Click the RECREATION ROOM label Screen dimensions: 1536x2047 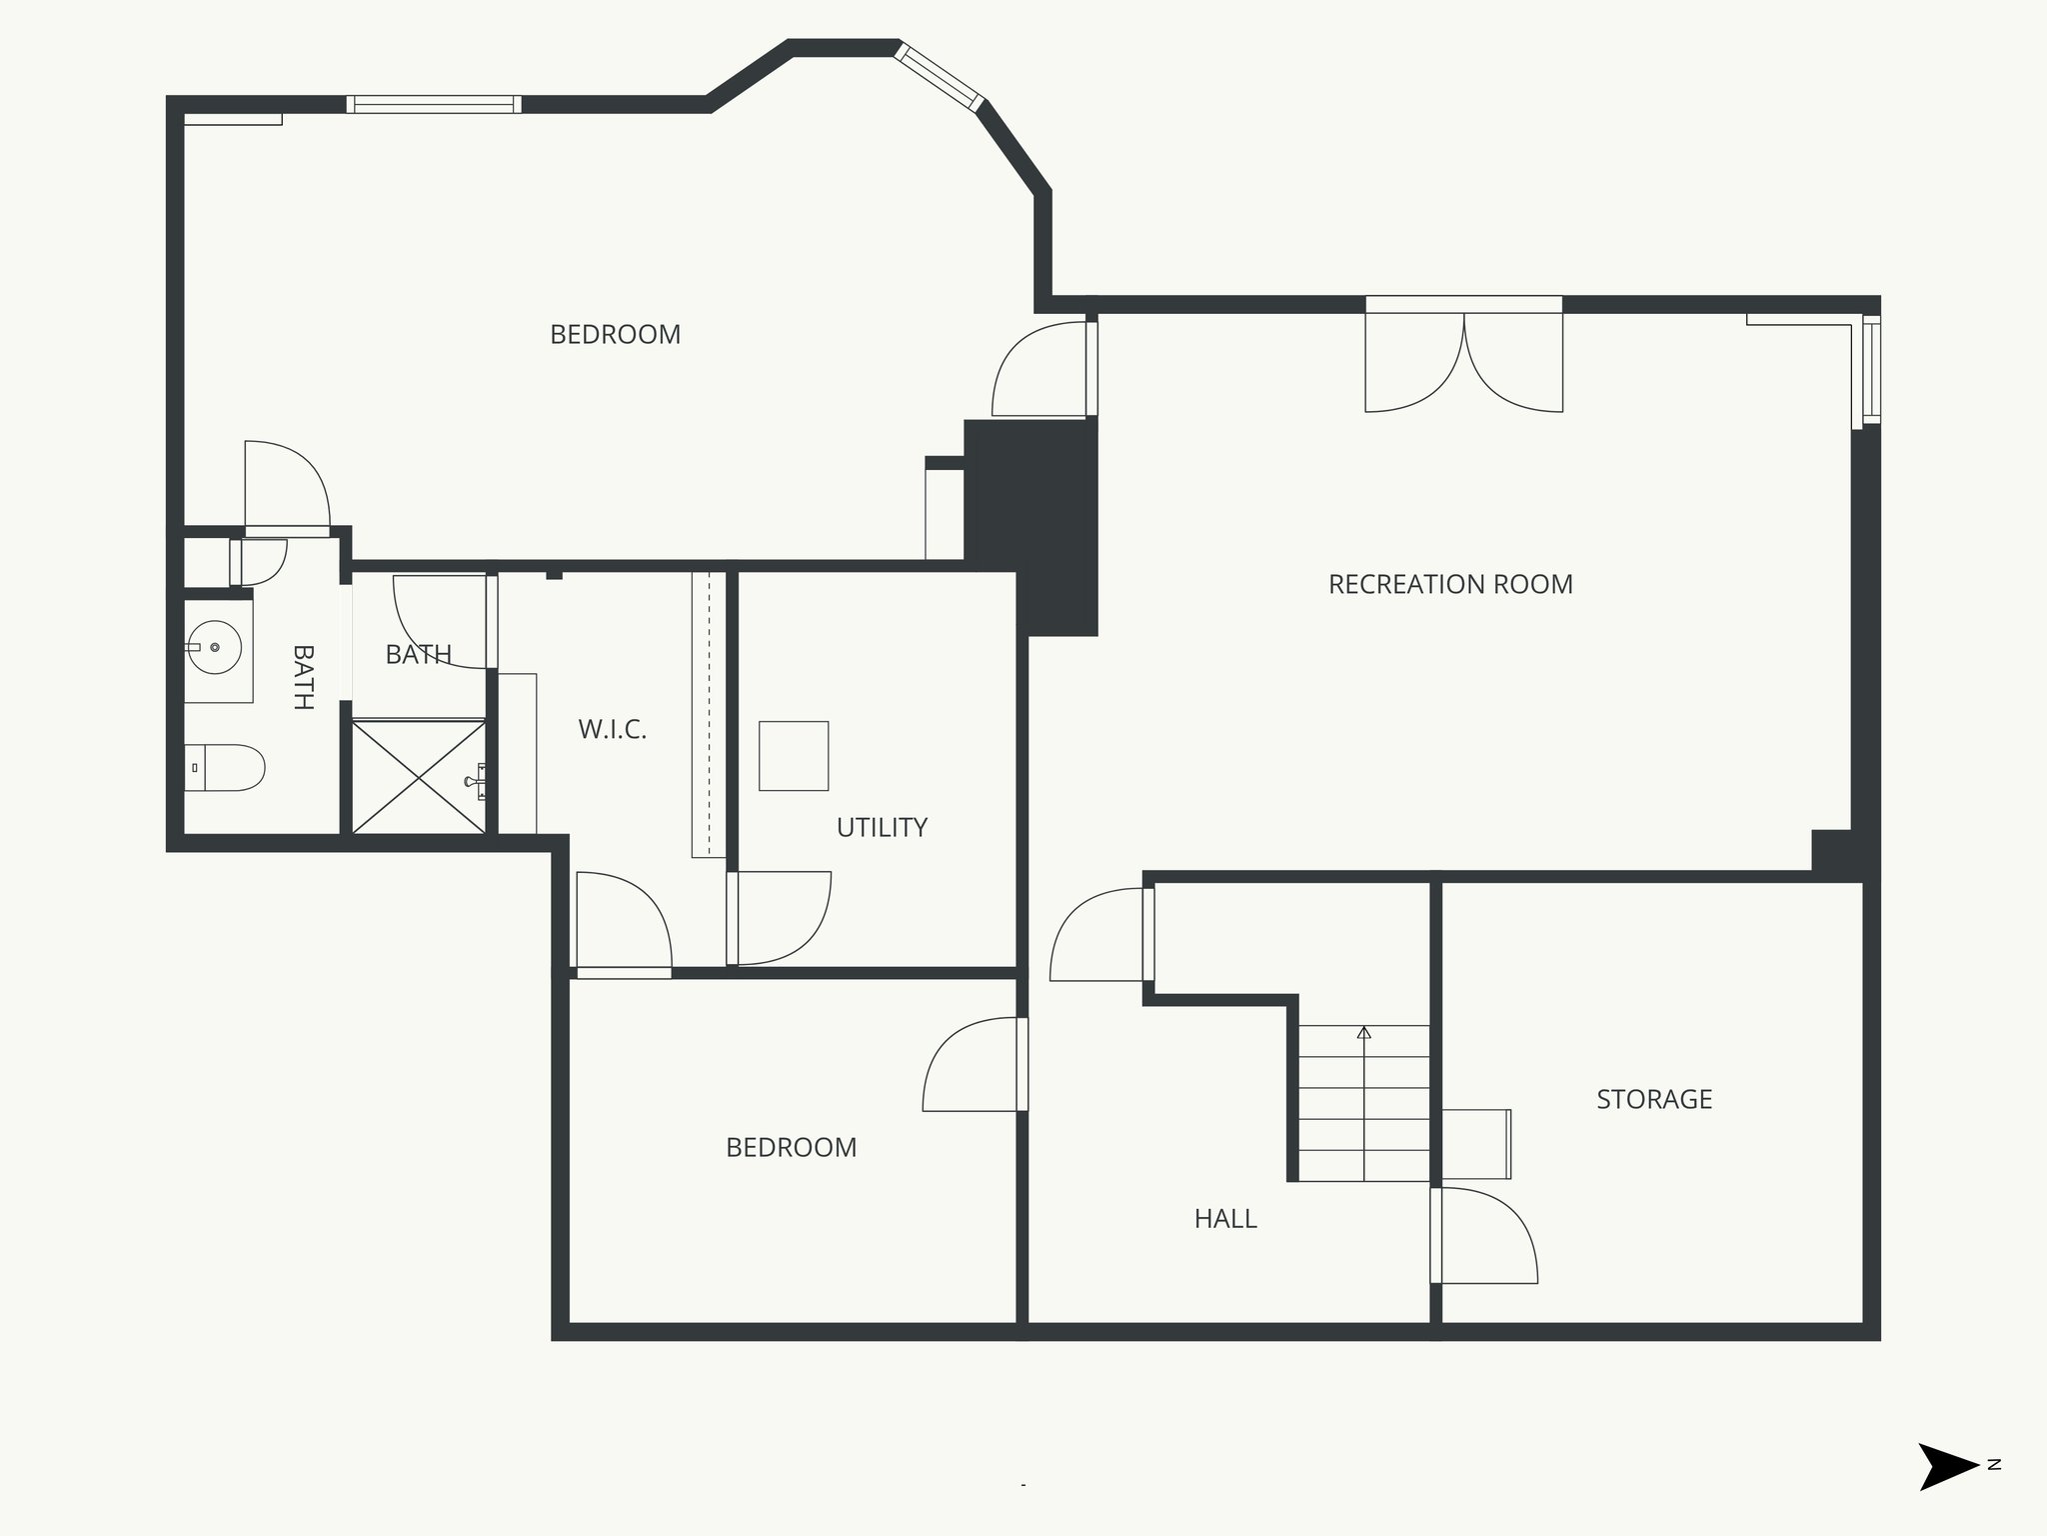[1449, 584]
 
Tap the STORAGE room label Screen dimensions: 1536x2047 [1653, 1099]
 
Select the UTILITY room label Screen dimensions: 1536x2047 [882, 827]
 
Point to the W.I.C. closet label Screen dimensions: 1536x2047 [612, 729]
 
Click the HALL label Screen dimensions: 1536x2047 [1224, 1218]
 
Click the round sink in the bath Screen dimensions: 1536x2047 [215, 647]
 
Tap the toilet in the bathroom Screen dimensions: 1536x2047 [225, 768]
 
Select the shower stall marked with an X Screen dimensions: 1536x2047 [418, 777]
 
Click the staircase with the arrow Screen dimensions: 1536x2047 [1363, 1103]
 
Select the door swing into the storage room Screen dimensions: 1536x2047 [1484, 1235]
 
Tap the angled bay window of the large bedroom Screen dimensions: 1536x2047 [939, 76]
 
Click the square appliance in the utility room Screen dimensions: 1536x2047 [794, 756]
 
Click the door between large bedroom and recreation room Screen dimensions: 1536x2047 [1039, 370]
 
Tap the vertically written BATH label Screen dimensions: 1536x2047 [303, 677]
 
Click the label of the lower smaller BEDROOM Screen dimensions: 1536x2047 [791, 1147]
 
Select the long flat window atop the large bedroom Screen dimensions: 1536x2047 [434, 104]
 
